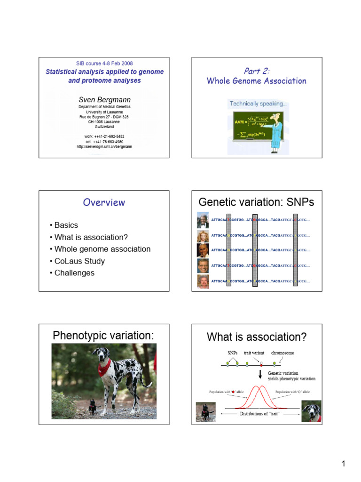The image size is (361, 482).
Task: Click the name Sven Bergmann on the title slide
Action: click(x=104, y=99)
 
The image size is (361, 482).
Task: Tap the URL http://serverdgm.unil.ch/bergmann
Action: click(x=104, y=146)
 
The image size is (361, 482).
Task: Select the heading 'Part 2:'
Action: click(x=256, y=71)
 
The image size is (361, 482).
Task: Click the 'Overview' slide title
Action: click(x=104, y=202)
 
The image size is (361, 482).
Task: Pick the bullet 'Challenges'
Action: click(x=74, y=273)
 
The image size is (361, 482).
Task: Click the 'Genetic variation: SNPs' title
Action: click(x=256, y=202)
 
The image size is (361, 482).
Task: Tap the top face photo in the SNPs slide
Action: click(x=203, y=220)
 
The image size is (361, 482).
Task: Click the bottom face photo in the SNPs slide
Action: click(x=203, y=281)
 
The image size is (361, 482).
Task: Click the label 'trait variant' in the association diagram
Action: click(x=254, y=353)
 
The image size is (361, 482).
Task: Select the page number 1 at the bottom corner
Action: click(x=343, y=464)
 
